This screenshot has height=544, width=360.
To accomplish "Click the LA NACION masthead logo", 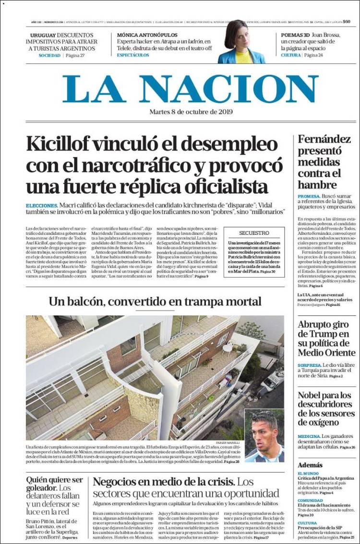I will click(190, 89).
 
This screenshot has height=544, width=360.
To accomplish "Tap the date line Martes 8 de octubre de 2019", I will click(191, 112).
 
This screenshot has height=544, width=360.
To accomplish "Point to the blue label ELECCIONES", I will click(42, 205).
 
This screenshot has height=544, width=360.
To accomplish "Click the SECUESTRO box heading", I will click(254, 233).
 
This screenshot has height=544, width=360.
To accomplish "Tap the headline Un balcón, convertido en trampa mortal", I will click(155, 302).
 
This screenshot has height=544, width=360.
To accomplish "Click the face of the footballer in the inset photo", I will click(264, 432).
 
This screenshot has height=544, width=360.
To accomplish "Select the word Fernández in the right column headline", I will click(324, 140).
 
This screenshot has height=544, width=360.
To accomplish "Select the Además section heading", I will click(310, 465).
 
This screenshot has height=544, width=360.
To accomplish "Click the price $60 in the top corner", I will click(347, 22).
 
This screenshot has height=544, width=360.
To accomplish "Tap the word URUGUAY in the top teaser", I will click(43, 35).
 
